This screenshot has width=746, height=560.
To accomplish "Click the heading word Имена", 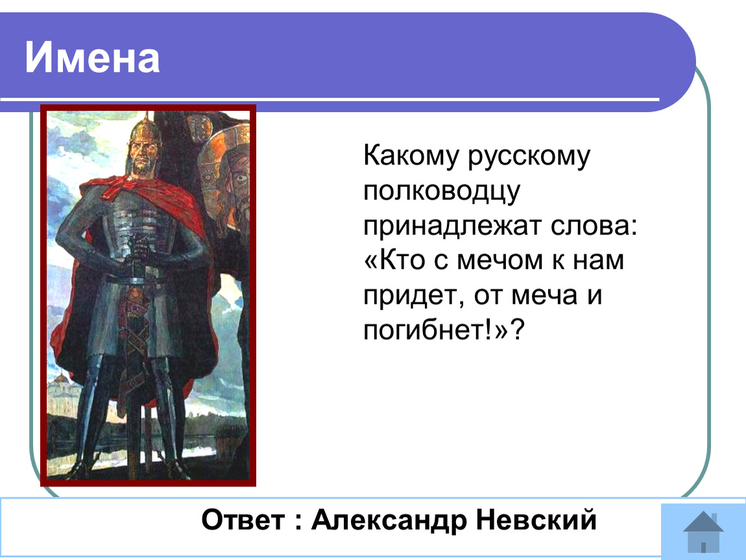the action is click(92, 58).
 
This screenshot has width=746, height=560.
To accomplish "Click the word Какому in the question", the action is click(411, 156).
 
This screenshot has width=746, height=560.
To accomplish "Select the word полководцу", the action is click(442, 192).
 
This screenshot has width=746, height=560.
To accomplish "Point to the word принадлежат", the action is click(452, 226).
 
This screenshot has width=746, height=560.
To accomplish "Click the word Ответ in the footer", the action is click(243, 520).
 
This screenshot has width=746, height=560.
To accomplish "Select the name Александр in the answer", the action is click(389, 520).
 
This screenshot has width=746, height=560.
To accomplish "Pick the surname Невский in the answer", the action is click(536, 519).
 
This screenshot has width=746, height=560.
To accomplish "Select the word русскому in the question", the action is click(529, 156).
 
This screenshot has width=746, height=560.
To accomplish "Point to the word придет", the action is click(413, 295).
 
